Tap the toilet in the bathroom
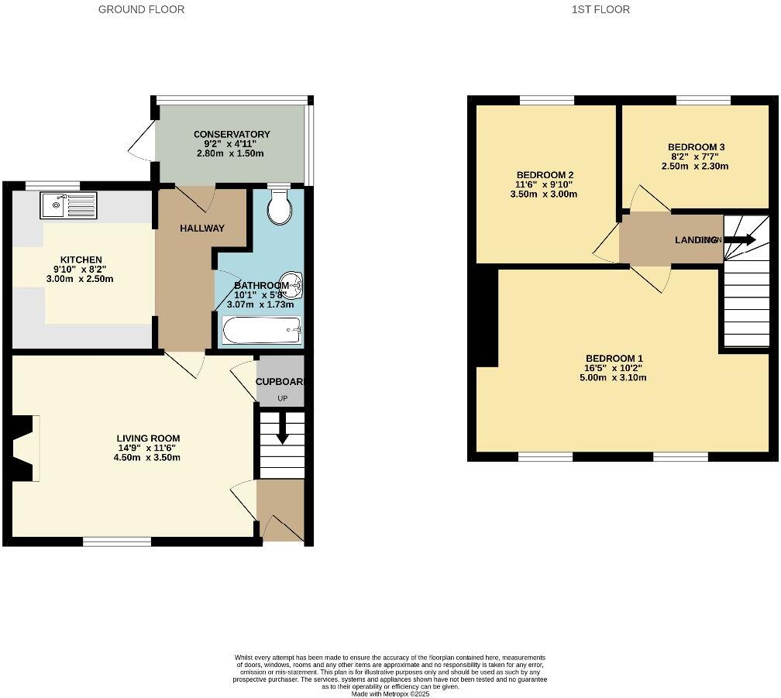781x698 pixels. (x=277, y=206)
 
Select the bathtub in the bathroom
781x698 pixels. (x=261, y=332)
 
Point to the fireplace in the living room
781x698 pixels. (x=25, y=448)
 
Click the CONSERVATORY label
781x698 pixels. (x=232, y=134)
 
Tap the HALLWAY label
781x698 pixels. (x=202, y=228)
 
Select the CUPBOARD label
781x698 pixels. (x=280, y=382)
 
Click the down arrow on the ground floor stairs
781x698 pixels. (x=282, y=428)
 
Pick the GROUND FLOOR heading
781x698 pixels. (x=142, y=9)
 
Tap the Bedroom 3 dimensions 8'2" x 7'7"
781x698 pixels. (x=695, y=156)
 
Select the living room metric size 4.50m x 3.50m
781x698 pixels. (x=146, y=457)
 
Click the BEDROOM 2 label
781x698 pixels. (x=545, y=174)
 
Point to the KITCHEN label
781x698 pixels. (x=81, y=260)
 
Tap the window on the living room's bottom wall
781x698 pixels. (x=118, y=542)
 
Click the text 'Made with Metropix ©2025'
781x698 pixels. (x=390, y=693)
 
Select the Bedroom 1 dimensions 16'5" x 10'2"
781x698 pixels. (x=614, y=368)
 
